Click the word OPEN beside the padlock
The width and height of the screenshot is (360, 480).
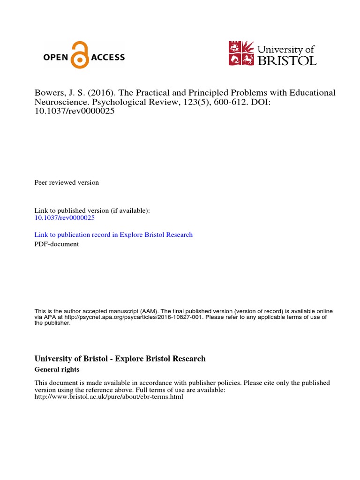pos(56,58)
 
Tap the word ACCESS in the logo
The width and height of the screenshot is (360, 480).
pos(108,58)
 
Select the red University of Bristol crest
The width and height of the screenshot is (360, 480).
pos(241,53)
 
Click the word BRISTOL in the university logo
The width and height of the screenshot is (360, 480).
pos(287,60)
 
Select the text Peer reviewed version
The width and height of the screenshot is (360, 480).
pos(67,182)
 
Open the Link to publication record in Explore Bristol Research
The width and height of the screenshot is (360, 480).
pos(113,234)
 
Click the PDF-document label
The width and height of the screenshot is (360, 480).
pos(57,244)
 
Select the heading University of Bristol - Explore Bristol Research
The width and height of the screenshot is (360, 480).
pos(120,359)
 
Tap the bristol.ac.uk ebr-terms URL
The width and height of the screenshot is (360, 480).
pos(109,397)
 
